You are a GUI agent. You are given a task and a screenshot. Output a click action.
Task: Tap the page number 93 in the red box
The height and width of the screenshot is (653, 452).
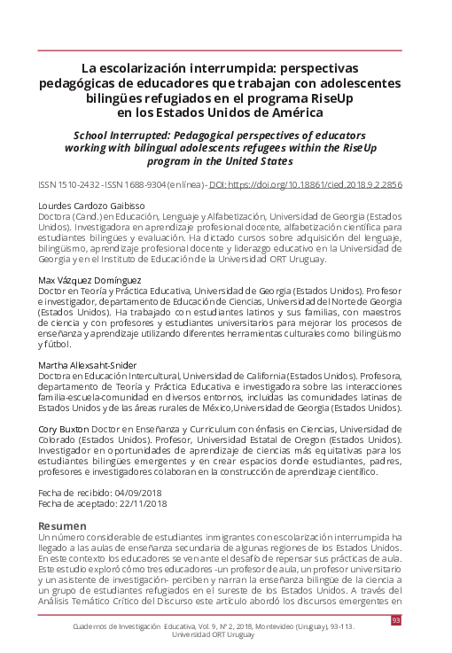tap(395, 620)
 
